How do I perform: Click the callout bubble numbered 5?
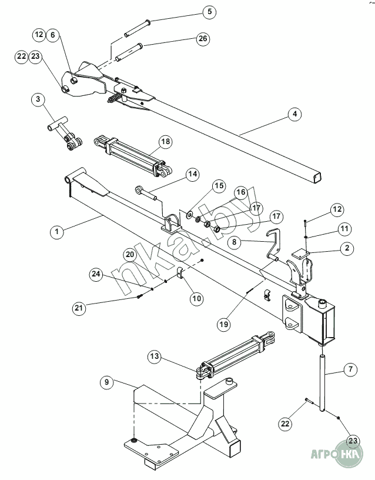[209, 12]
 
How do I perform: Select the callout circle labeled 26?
[203, 39]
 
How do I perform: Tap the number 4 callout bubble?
[294, 114]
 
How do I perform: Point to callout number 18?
[166, 141]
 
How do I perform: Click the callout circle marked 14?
[193, 174]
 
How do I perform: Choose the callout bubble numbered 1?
[57, 231]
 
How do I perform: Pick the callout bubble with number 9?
[107, 382]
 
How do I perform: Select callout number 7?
[350, 369]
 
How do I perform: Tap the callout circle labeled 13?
[155, 356]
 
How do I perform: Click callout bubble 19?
[224, 324]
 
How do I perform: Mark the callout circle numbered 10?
[196, 298]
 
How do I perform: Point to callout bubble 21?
[79, 307]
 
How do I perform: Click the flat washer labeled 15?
[190, 214]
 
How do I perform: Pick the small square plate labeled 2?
[300, 254]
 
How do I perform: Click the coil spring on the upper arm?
[114, 99]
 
